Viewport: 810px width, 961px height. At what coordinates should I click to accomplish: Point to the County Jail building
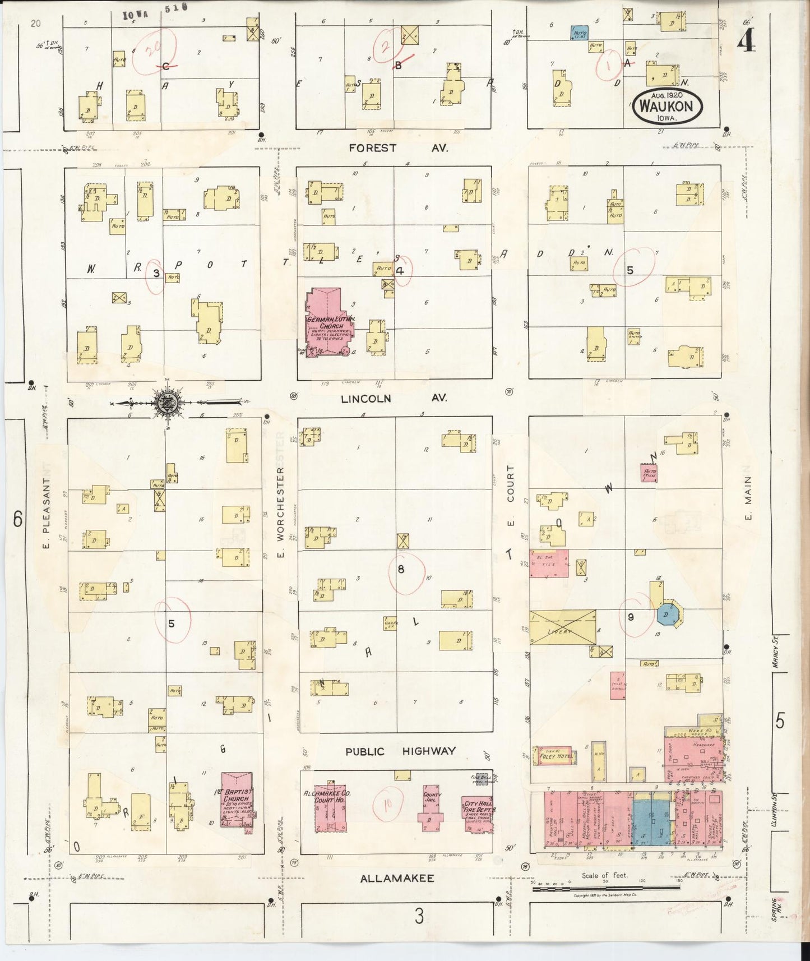431,806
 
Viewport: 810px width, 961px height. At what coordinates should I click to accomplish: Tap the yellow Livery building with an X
562,627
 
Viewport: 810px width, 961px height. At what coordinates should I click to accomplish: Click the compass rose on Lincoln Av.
167,402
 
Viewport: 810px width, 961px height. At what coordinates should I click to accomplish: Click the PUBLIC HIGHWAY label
400,751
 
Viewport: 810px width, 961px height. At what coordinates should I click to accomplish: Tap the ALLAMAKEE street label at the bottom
397,878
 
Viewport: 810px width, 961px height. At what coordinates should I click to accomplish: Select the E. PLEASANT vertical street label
47,513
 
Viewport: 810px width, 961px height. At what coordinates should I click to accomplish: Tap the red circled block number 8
401,569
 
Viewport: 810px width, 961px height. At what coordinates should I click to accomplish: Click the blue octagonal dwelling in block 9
667,615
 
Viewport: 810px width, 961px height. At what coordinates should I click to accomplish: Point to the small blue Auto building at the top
578,33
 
